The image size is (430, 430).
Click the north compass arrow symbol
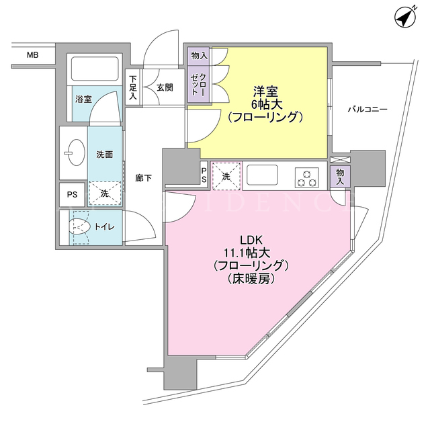coord(405,17)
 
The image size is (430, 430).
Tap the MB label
coord(33,55)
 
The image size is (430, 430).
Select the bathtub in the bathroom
coord(95,69)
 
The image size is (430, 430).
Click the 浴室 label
coord(83,99)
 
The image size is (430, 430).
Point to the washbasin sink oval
coord(76,153)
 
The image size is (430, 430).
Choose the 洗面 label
coord(105,155)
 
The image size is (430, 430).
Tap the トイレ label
coord(105,227)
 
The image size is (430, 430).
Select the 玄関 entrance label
coord(165,87)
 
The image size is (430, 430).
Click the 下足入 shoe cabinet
coord(133,87)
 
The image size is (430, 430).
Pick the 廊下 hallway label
coord(143,178)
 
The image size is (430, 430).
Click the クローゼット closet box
coord(199,85)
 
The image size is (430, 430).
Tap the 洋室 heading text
coord(265,91)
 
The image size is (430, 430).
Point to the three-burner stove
coord(307,177)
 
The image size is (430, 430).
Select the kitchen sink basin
coord(262,175)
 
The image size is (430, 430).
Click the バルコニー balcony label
coord(368,110)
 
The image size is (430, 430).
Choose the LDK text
coord(251,241)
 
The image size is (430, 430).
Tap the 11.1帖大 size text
coord(247,253)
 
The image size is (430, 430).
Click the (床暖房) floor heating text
coord(251,279)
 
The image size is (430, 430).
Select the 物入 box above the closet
coord(199,56)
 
